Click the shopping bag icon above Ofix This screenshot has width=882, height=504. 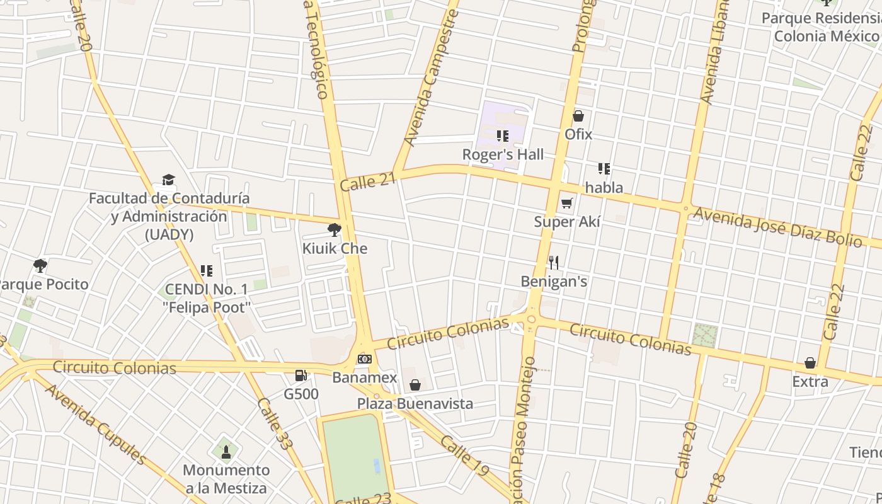[578, 116]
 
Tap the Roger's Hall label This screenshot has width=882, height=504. [503, 154]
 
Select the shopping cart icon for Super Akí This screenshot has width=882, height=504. [566, 203]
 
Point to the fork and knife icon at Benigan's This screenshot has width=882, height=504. [554, 262]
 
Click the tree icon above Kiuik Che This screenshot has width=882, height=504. [335, 230]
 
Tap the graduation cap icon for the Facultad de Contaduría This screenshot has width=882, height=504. [168, 180]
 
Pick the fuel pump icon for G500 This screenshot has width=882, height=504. [301, 375]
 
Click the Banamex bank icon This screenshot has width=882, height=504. [364, 359]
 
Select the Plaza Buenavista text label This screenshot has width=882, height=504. [415, 403]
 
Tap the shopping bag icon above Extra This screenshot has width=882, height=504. [810, 363]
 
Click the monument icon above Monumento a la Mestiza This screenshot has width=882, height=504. [226, 451]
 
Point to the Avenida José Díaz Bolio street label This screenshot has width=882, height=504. [777, 227]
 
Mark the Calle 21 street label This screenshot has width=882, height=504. [368, 182]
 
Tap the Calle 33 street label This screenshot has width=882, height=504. [275, 423]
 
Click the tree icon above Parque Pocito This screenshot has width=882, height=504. [40, 265]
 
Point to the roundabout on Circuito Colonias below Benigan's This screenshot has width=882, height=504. [531, 319]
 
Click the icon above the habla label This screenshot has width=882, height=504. [604, 169]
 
